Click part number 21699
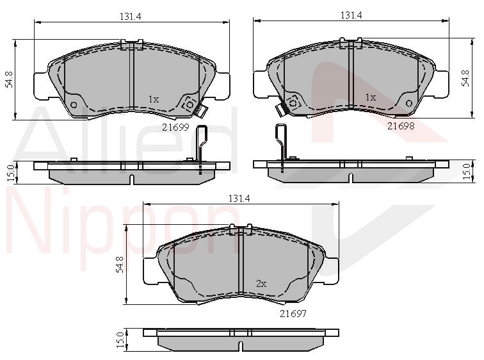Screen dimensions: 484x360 pos(175,127)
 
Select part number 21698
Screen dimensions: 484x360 pos(401,126)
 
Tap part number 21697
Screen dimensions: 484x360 pos(293,313)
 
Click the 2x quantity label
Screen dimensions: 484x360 pos(261,283)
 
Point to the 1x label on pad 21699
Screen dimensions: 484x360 pos(154,99)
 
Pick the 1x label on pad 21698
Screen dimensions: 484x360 pos(371,97)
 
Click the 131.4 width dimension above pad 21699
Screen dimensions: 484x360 pos(130,17)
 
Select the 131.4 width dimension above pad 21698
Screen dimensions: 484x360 pos(351,15)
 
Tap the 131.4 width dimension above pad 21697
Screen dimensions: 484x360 pos(239,198)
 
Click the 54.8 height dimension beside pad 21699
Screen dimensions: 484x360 pos(10,79)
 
